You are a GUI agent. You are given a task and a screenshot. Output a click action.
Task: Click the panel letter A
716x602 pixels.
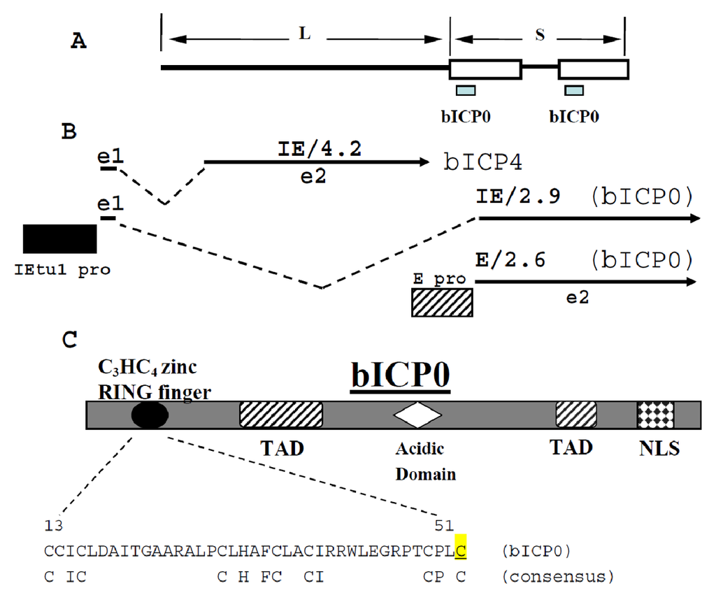tap(79, 42)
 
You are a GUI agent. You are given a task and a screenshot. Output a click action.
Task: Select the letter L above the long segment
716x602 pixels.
tap(304, 36)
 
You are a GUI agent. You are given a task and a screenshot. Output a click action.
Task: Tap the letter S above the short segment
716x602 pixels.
tap(539, 36)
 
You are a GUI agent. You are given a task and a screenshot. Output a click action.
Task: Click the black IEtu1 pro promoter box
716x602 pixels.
tap(59, 239)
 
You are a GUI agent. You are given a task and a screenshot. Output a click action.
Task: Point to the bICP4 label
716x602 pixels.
tap(483, 162)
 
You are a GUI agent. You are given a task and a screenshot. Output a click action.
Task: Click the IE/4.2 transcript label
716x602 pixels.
tap(317, 148)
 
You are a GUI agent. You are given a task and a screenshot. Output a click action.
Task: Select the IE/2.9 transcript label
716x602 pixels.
tap(517, 198)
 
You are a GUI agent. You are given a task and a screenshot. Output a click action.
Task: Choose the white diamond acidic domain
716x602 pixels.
tap(417, 415)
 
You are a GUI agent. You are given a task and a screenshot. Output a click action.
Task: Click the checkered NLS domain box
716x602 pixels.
tap(655, 415)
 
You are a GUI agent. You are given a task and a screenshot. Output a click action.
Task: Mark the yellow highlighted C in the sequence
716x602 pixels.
tap(460, 551)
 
